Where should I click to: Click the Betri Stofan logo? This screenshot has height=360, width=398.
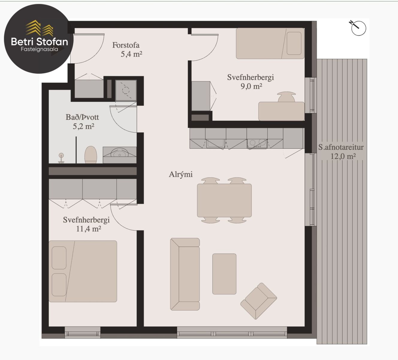(39, 39)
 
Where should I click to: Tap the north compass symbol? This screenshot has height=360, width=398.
(358, 28)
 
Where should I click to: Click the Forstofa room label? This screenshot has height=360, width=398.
(126, 45)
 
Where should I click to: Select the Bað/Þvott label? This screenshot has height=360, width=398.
(82, 117)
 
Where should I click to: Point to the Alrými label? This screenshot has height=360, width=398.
(181, 174)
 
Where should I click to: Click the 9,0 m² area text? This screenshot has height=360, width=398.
(251, 86)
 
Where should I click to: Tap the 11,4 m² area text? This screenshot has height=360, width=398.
(88, 229)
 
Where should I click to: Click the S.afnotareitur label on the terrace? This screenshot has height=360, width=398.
(341, 147)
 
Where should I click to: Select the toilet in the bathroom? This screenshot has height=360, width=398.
(91, 155)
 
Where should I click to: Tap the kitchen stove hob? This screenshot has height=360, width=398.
(257, 144)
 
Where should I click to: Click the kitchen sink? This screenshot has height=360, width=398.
(215, 143)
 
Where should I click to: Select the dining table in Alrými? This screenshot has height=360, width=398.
(224, 200)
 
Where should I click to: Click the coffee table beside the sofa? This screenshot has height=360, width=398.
(224, 274)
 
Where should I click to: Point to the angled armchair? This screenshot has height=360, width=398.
(259, 301)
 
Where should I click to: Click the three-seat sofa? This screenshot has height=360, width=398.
(185, 274)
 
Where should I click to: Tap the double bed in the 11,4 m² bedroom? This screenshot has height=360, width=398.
(83, 271)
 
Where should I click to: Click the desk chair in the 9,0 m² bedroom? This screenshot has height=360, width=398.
(286, 97)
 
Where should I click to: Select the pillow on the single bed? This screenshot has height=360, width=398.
(294, 43)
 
